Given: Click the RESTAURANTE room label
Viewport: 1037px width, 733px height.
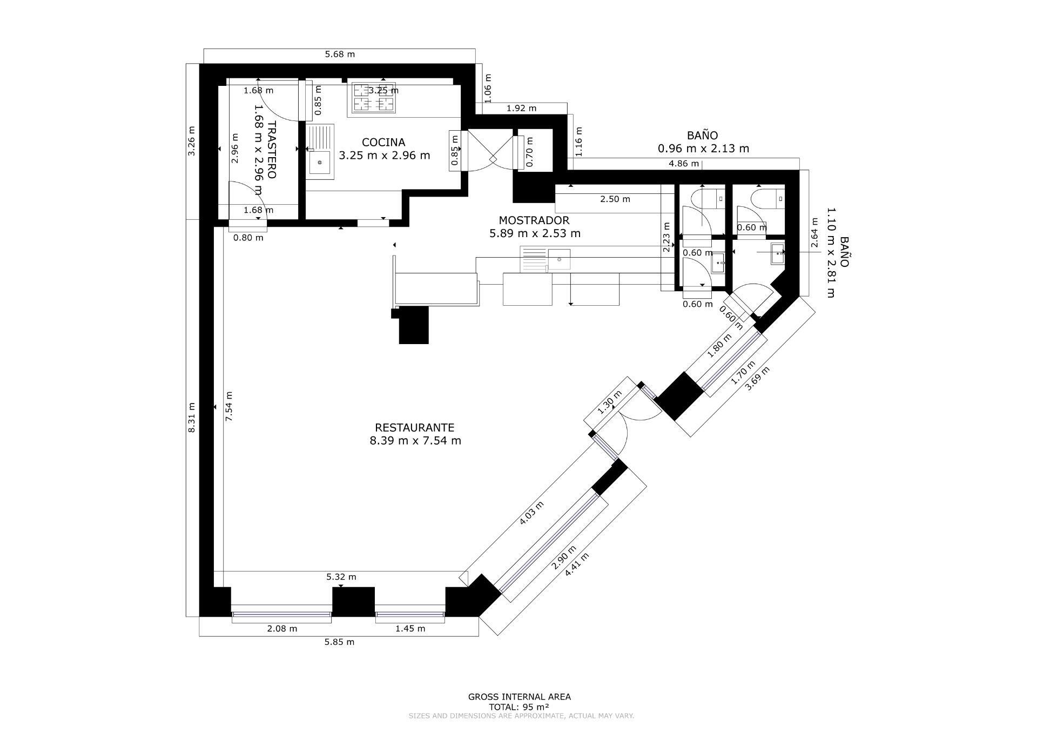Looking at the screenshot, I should pos(415,428).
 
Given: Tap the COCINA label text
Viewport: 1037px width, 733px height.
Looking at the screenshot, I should pos(383,143).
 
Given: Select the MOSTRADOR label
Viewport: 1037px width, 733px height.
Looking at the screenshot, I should pos(534,220).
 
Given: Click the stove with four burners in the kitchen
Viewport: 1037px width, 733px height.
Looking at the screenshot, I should pos(374,98).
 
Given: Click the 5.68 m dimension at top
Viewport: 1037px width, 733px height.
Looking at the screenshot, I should pos(340,54).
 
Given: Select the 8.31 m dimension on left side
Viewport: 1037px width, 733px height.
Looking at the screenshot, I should pos(191,418).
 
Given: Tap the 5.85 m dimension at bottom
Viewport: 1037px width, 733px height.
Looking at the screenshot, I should pos(339,642).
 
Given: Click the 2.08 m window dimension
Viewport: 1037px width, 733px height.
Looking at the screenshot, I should pos(282,629).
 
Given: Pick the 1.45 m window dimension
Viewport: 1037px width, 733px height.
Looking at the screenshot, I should pos(410,629).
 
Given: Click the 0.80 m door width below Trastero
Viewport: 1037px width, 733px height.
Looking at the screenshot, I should pos(248,238).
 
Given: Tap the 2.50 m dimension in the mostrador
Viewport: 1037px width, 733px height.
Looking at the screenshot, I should pos(615,199).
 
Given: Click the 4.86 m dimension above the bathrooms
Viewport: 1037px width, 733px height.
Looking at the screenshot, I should pos(683,164).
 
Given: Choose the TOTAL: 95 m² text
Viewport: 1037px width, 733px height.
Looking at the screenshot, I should pos(518,707).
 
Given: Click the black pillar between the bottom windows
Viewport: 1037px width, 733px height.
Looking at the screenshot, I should pos(353,601).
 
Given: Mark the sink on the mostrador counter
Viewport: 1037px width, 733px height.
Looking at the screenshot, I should pos(559,259).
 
